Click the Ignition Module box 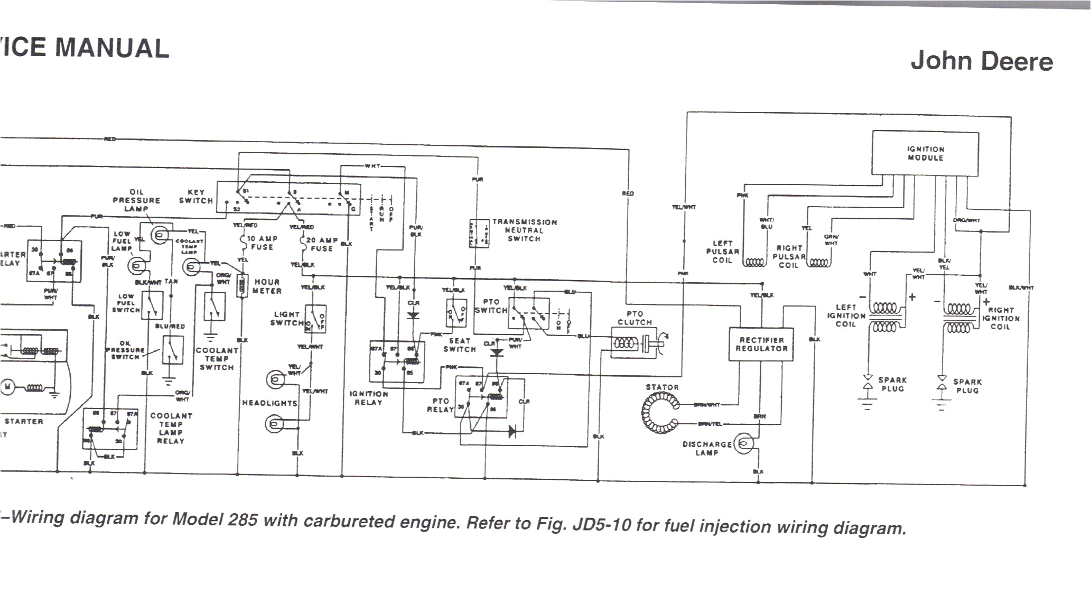tap(925, 153)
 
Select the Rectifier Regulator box tap(761, 344)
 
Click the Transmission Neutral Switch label tap(524, 230)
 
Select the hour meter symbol tap(244, 286)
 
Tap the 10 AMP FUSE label tap(262, 243)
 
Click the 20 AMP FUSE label tap(322, 244)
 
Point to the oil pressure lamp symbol tap(160, 234)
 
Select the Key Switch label tap(196, 197)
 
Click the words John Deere tap(981, 61)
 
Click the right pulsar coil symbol tap(819, 263)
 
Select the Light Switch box tap(315, 319)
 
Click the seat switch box tap(456, 312)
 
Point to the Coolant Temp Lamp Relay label tap(170, 428)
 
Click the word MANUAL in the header tap(113, 48)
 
